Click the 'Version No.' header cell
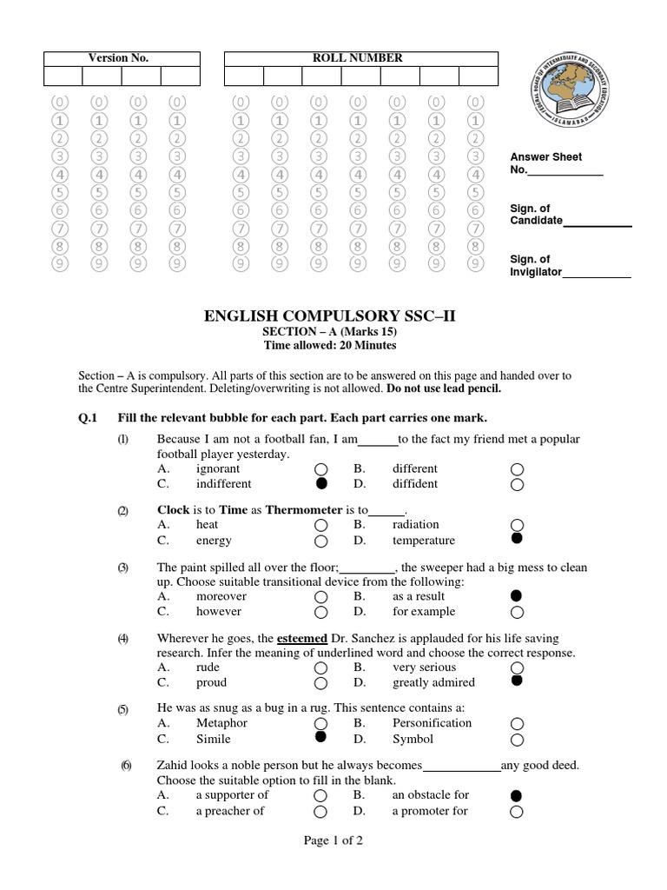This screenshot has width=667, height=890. coord(119,58)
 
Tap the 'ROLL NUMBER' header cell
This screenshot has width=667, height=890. coord(361,58)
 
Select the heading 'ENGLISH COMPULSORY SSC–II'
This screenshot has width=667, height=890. coord(329,315)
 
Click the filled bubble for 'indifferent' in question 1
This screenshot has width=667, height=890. coord(321,483)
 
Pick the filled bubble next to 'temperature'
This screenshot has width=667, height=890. coord(518,540)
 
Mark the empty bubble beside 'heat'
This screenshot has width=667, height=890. coord(321,525)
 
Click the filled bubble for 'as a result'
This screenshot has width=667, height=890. coord(518,595)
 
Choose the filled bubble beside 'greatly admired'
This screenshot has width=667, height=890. coord(518,681)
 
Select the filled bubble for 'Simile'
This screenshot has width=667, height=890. coord(321,738)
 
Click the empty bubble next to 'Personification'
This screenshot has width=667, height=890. coord(518,723)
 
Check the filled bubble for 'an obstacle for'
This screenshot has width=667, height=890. coord(518,794)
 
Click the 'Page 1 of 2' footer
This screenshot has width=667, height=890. coord(333,840)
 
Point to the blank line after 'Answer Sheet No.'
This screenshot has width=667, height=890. coord(565,172)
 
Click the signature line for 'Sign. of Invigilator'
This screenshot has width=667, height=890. coord(597,275)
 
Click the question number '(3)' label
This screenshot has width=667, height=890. coord(123,568)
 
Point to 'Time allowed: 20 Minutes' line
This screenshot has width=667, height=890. coord(329,345)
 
